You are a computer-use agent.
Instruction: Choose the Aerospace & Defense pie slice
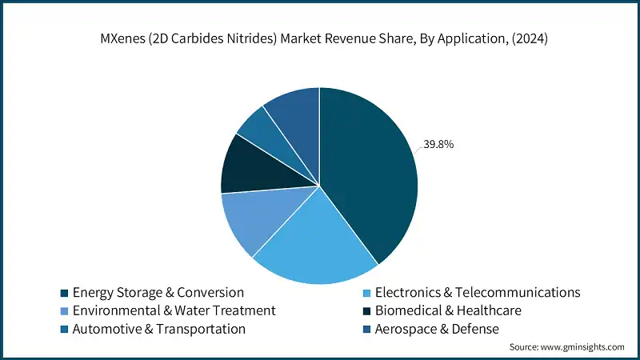pos(294,112)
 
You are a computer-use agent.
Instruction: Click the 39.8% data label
pos(438,145)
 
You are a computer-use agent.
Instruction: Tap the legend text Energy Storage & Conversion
pos(158,292)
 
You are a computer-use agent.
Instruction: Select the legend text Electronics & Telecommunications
pos(478,292)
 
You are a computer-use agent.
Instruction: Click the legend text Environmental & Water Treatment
pos(174,310)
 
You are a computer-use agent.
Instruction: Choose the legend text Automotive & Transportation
pos(158,329)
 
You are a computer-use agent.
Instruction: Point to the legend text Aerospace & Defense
pos(442,329)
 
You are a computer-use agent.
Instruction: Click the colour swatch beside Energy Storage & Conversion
pos(63,293)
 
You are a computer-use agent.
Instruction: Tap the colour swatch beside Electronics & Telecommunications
pos(366,293)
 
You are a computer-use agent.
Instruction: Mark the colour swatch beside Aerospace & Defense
pos(366,330)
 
